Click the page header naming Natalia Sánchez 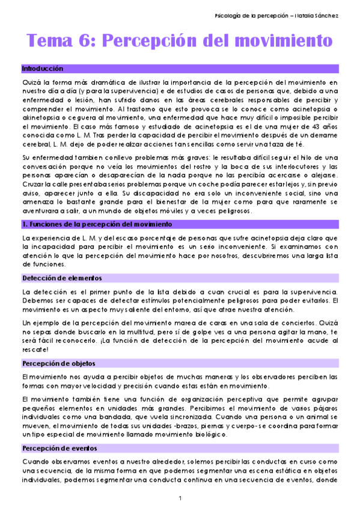[x=278, y=14]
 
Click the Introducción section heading [x=42, y=69]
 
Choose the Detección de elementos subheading [x=62, y=278]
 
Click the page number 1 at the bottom [x=180, y=498]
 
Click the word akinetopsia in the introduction [x=40, y=111]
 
